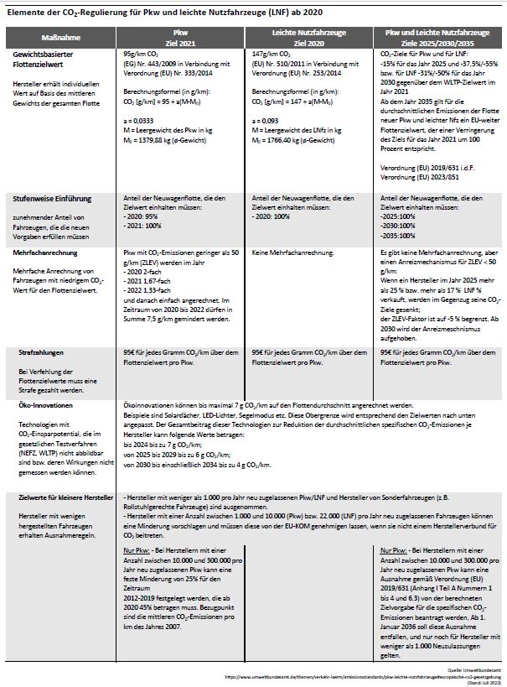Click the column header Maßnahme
60,38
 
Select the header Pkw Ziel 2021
179,38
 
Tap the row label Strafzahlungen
44,355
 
